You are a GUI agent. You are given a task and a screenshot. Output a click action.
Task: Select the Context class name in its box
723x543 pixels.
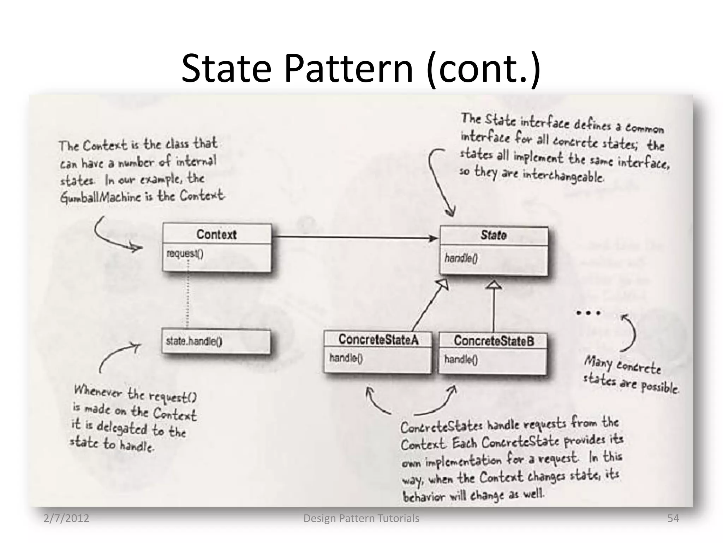(x=216, y=234)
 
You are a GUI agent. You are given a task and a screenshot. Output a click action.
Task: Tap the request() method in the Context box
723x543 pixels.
(x=185, y=253)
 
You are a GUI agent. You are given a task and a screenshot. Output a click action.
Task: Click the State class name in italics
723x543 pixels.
(x=494, y=235)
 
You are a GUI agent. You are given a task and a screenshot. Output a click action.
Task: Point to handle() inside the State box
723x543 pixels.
(x=461, y=258)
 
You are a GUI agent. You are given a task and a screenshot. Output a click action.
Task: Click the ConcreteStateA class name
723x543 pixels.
(x=378, y=340)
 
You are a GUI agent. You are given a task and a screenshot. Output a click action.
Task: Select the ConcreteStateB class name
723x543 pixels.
(x=494, y=341)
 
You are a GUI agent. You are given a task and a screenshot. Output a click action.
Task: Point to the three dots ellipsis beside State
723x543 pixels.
(x=588, y=313)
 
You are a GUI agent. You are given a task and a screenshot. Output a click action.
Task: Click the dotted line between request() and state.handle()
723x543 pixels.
(x=187, y=293)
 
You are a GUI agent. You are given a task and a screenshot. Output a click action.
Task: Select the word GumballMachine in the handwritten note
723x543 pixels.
(x=101, y=198)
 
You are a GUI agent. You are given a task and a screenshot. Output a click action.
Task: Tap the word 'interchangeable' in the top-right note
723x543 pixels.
(x=563, y=175)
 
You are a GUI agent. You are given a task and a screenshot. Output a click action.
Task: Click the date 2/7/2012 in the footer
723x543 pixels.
(x=66, y=518)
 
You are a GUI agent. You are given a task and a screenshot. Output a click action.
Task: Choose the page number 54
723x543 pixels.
(x=673, y=518)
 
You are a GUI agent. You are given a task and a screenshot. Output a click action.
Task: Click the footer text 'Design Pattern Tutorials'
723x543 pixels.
(x=361, y=518)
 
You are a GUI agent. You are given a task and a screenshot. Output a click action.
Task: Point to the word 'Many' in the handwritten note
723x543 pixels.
(x=598, y=362)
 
